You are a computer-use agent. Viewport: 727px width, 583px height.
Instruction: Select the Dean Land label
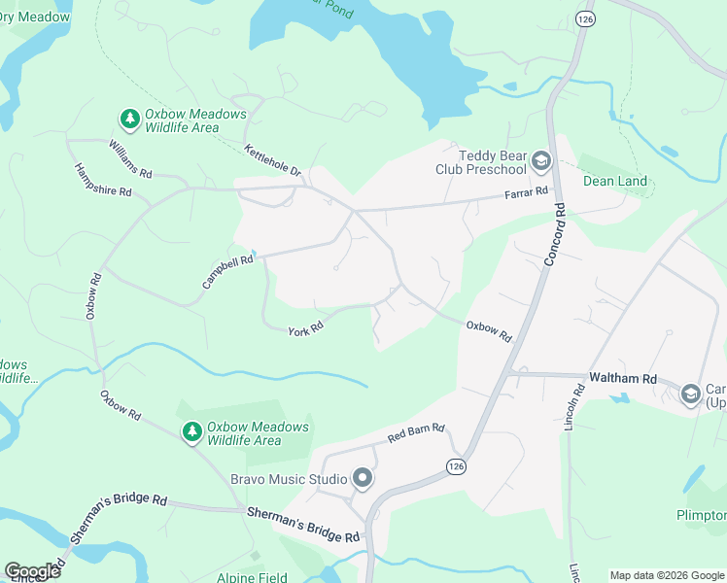point(614,181)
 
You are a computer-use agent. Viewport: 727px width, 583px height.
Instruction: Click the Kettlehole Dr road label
point(274,160)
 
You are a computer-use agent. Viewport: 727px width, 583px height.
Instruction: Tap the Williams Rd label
point(130,159)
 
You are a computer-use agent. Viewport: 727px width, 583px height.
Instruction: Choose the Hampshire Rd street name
point(103,180)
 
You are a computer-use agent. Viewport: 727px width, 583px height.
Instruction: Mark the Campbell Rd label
point(228,271)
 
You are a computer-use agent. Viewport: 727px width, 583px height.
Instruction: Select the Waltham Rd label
point(622,378)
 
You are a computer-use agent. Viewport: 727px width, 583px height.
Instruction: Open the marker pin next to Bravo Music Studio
point(363,478)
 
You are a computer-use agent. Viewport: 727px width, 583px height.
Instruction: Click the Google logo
point(32,571)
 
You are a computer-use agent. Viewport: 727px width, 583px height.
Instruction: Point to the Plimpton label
point(701,515)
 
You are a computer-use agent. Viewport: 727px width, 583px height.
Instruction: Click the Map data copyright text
point(666,575)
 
